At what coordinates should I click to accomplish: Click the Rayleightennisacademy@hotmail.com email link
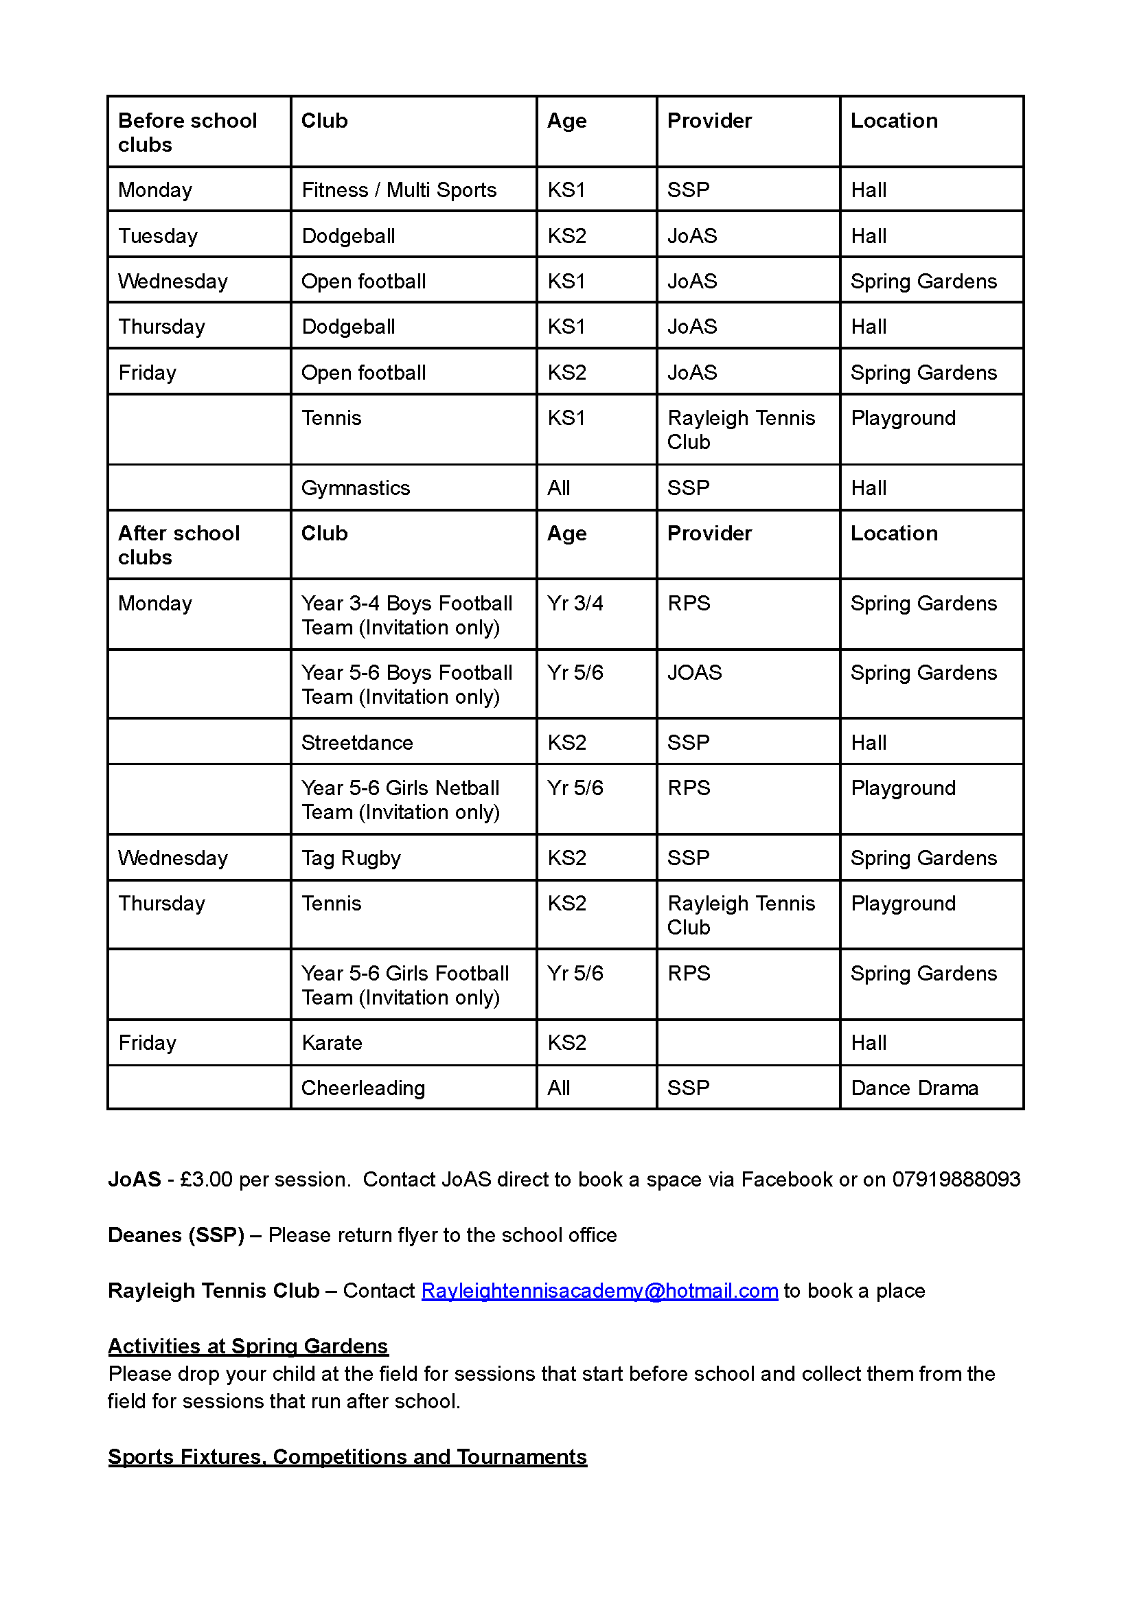(599, 1290)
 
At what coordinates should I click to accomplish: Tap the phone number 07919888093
(956, 1179)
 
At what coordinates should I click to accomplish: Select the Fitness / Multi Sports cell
(399, 190)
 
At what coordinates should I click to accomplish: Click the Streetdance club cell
(357, 742)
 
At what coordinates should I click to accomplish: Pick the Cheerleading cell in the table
(363, 1087)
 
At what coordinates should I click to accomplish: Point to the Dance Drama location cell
(915, 1087)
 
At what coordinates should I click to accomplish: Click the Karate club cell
(332, 1042)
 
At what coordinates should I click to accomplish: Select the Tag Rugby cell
(351, 858)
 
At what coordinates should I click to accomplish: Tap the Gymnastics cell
(356, 487)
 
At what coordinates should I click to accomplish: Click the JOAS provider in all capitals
(695, 672)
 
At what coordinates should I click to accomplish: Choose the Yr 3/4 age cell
(575, 603)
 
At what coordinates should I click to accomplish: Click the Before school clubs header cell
(187, 133)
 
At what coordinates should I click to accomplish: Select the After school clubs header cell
(179, 544)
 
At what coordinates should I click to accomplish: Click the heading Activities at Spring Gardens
(248, 1346)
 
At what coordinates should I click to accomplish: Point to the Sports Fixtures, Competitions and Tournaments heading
(347, 1456)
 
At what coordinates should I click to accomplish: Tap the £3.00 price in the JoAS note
(206, 1179)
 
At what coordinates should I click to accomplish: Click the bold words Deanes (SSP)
(176, 1235)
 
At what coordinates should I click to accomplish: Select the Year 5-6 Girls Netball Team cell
(400, 799)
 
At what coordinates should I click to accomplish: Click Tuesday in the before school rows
(158, 236)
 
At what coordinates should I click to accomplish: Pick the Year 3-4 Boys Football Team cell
(406, 615)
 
